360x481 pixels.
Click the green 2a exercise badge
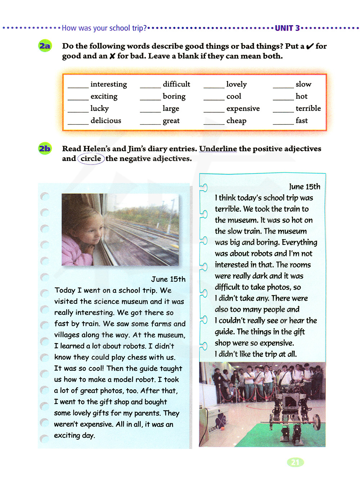(x=45, y=46)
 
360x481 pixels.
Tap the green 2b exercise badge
(x=45, y=149)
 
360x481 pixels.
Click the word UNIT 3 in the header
(x=287, y=28)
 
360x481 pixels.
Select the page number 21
(x=295, y=462)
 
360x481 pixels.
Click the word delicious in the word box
(x=106, y=121)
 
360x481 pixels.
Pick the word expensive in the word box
(x=243, y=109)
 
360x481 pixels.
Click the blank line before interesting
(x=78, y=87)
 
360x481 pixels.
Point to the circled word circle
(x=91, y=159)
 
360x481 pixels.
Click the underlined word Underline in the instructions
(x=218, y=149)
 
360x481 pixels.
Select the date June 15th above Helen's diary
(x=168, y=279)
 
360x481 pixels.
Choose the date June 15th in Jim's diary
(x=305, y=187)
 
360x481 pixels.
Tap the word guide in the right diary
(x=225, y=332)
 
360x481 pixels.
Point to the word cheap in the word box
(x=236, y=121)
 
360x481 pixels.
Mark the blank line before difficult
(x=150, y=87)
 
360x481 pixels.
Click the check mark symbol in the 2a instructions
(x=310, y=46)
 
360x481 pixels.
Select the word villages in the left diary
(x=67, y=335)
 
